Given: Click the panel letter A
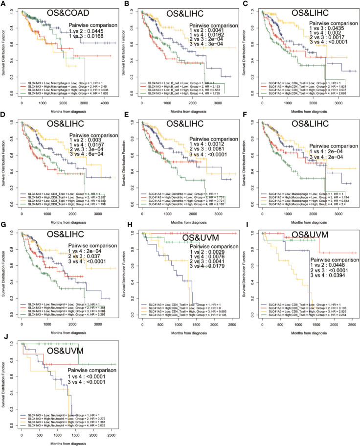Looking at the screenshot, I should click(x=3, y=4).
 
